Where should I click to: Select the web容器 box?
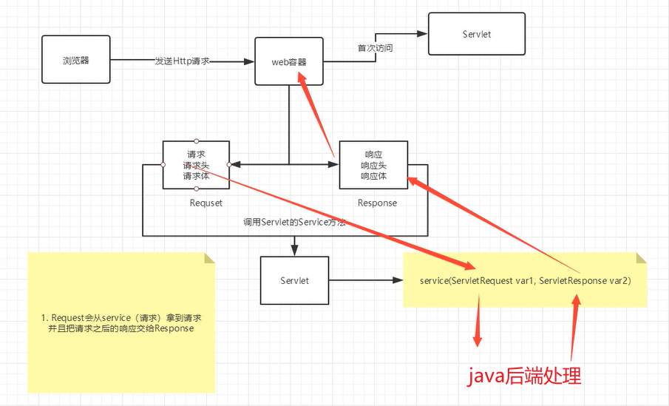click(289, 61)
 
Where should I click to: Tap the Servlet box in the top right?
click(476, 34)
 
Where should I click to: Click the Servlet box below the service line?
click(294, 281)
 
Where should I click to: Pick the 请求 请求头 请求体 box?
click(196, 165)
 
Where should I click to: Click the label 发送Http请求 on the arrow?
click(183, 61)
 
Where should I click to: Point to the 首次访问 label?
click(375, 48)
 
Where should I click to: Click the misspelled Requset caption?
click(205, 203)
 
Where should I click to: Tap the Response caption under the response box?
click(377, 203)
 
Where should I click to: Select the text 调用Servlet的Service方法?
click(295, 222)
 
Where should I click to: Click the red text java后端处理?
click(524, 376)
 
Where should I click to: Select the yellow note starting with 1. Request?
click(120, 322)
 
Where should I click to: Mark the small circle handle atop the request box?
click(196, 141)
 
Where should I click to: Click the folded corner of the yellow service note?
click(641, 257)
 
